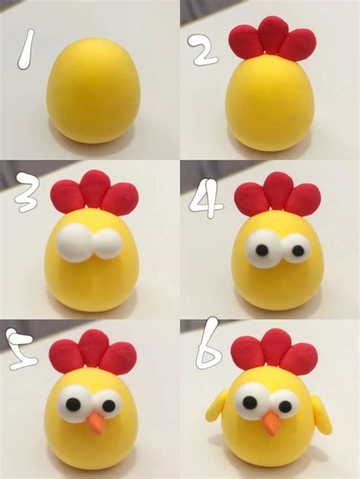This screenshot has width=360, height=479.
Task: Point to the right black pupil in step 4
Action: click(290, 248)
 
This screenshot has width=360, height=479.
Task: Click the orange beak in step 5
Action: click(96, 424)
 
